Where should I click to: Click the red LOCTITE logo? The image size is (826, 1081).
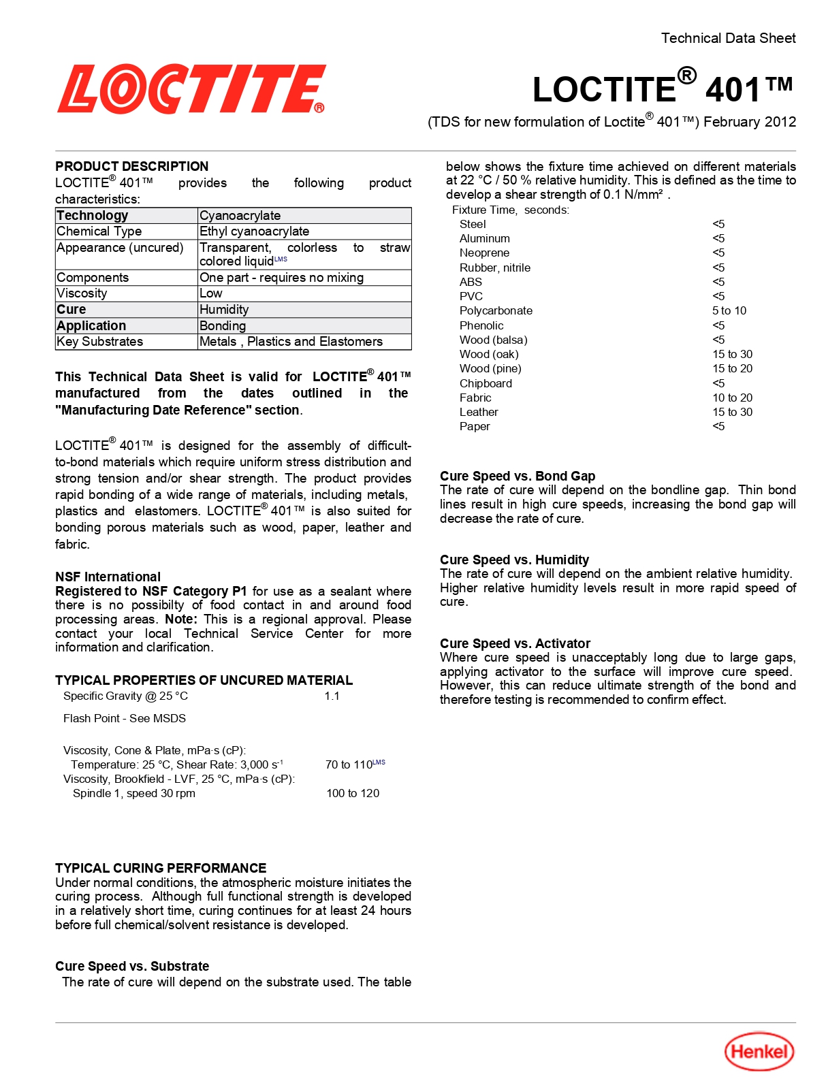191,89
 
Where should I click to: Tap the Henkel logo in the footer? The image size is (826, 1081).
759,1052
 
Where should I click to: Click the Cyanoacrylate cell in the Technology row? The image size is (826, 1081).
240,216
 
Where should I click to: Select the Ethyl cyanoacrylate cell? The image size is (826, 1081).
254,231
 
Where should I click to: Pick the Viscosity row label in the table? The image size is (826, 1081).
82,293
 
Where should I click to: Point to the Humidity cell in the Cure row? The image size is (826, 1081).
224,310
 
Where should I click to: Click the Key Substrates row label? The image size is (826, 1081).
100,342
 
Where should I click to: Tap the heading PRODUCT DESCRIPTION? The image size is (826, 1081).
131,167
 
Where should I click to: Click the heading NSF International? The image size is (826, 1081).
108,577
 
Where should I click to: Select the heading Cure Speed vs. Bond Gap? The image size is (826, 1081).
518,476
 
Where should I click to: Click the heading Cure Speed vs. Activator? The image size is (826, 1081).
515,643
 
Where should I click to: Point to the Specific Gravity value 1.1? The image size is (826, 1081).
332,696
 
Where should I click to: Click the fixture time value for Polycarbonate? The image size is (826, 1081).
729,311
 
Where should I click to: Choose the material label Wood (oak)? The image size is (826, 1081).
489,355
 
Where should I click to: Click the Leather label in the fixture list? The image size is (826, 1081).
479,413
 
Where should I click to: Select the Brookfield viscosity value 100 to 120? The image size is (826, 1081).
353,793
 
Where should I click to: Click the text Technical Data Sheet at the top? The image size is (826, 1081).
728,38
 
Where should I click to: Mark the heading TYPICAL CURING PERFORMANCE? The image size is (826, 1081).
161,868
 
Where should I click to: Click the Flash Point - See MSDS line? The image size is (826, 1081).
125,718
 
